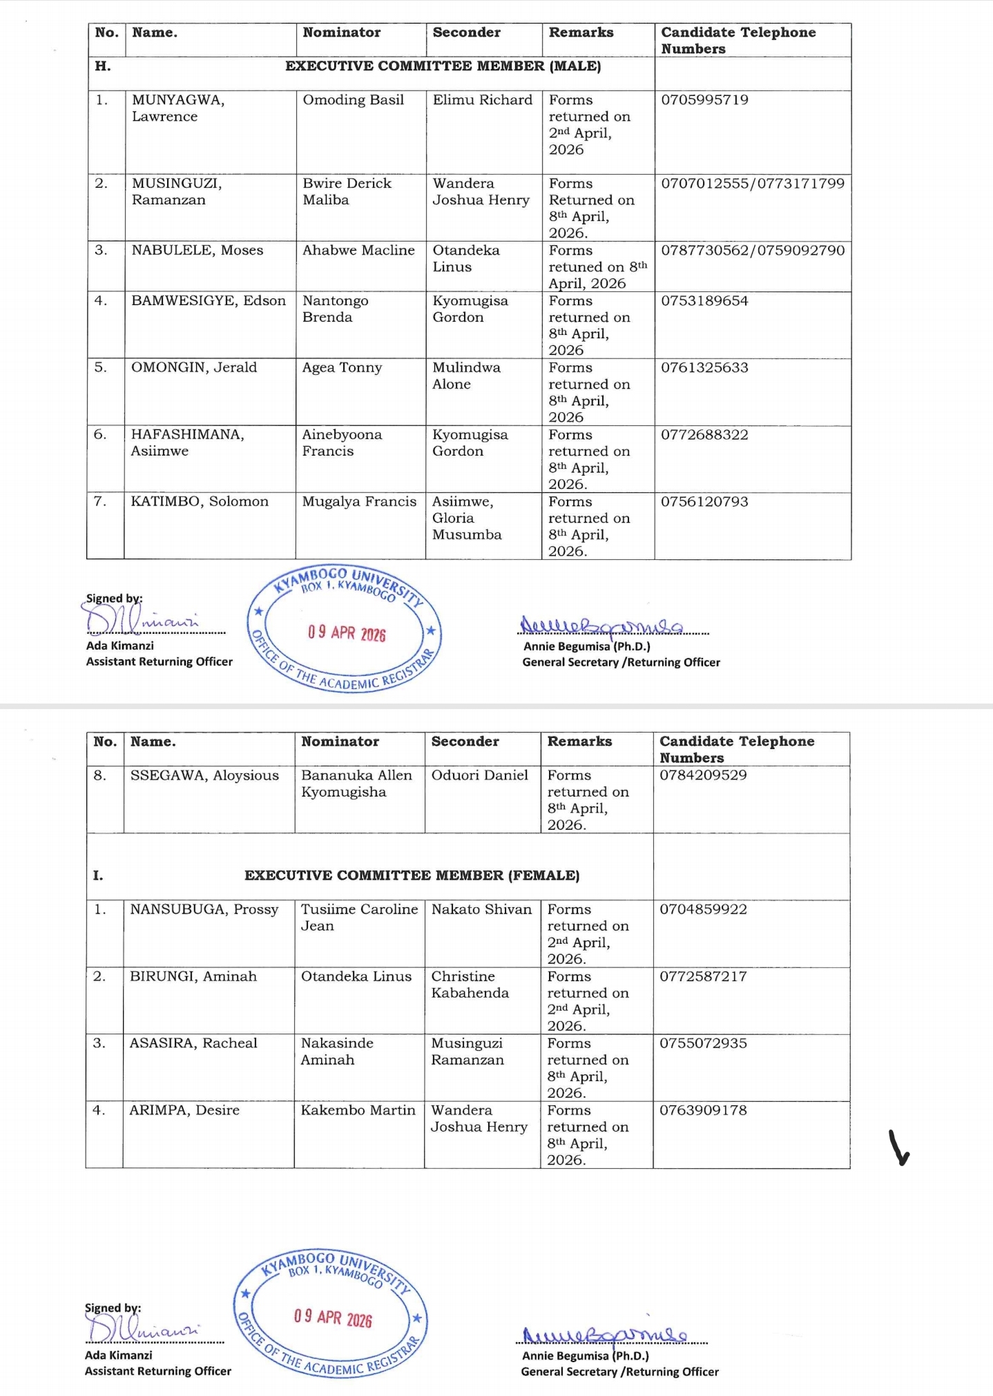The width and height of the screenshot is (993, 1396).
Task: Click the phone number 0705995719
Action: (x=704, y=100)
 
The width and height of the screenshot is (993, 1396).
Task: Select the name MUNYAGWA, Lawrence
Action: (x=178, y=108)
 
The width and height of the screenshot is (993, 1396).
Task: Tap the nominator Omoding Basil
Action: (x=353, y=100)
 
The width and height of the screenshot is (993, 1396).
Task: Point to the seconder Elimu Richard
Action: (x=482, y=100)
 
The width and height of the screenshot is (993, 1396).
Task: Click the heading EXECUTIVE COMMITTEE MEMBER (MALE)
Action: (x=443, y=66)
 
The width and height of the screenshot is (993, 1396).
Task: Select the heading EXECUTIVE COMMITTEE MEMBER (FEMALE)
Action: (x=412, y=875)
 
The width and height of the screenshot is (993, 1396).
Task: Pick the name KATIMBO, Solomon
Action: (x=200, y=502)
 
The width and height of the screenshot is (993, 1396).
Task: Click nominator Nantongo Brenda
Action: (x=335, y=309)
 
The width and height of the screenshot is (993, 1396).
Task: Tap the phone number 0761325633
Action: (x=704, y=368)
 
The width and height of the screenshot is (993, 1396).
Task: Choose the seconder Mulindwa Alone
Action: (x=466, y=376)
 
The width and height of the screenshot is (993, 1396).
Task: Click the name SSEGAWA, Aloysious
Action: (x=204, y=775)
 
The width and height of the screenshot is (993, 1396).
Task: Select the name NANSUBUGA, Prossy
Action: (x=204, y=909)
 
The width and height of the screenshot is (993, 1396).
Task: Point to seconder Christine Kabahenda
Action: (x=470, y=985)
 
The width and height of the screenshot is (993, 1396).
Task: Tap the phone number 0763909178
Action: (x=703, y=1110)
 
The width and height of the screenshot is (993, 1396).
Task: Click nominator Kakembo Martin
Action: (x=358, y=1110)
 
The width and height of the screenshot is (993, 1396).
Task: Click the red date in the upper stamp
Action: (x=347, y=633)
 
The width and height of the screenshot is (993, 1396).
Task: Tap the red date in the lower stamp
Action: (x=333, y=1318)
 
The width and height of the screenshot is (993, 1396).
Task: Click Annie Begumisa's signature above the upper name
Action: (x=601, y=626)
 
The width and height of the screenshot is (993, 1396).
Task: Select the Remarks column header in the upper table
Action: (x=581, y=32)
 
